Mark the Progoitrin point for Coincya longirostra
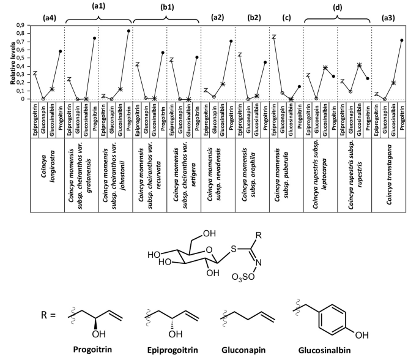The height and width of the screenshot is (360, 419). (x=61, y=51)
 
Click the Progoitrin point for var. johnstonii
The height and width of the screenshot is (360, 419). (x=128, y=31)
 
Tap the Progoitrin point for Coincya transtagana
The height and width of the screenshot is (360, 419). (x=402, y=40)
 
